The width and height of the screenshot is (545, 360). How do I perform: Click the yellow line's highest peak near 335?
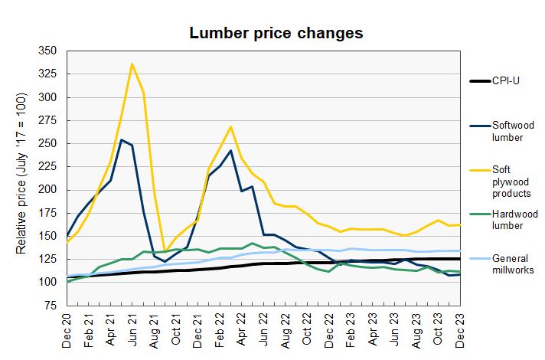pyautogui.click(x=132, y=64)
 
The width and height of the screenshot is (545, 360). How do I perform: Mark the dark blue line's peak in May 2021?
pyautogui.click(x=122, y=139)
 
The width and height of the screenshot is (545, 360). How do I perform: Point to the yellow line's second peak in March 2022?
pyautogui.click(x=230, y=127)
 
